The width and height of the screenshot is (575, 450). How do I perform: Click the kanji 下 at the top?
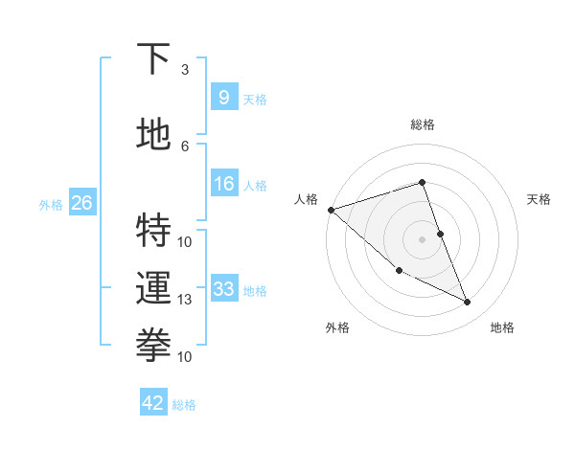[x=154, y=59]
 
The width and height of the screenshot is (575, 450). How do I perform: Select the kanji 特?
[x=154, y=231]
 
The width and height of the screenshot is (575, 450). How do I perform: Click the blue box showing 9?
[x=223, y=97]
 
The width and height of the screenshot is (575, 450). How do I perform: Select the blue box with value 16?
[x=223, y=184]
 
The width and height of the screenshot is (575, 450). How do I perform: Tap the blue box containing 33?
[x=223, y=289]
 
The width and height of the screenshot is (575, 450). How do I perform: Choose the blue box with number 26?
[x=81, y=203]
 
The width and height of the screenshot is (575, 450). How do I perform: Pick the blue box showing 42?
[x=153, y=403]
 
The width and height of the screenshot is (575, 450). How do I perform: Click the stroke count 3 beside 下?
[x=185, y=69]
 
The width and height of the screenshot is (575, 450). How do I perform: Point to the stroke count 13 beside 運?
[x=185, y=299]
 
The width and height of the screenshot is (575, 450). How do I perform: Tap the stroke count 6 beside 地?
[x=185, y=146]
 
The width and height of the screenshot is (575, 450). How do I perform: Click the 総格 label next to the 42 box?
[x=184, y=404]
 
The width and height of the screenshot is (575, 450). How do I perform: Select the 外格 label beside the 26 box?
[x=51, y=204]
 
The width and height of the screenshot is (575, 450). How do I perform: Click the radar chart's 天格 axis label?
[x=540, y=199]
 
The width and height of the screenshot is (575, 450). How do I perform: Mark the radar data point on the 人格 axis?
[x=331, y=210]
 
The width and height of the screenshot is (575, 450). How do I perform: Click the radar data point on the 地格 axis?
[x=468, y=303]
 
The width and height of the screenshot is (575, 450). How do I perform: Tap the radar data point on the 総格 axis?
[x=422, y=182]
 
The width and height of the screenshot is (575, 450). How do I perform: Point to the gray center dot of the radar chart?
[x=422, y=239]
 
